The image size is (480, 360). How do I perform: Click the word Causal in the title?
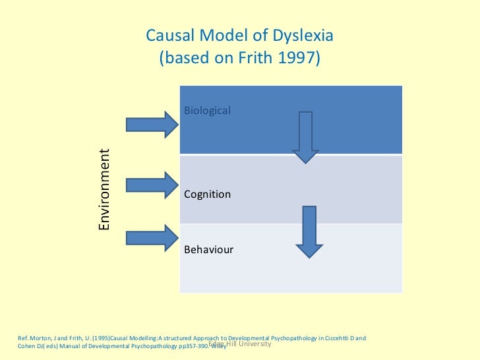pos(167,36)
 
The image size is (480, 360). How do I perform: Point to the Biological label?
pos(207,110)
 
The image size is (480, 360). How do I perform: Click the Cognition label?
pos(207,195)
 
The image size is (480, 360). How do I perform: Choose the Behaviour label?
pos(208,251)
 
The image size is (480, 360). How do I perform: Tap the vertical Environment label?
pos(104,190)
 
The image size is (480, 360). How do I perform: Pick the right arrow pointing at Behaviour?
pos(152,237)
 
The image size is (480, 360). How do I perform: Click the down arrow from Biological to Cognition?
pos(305,137)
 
